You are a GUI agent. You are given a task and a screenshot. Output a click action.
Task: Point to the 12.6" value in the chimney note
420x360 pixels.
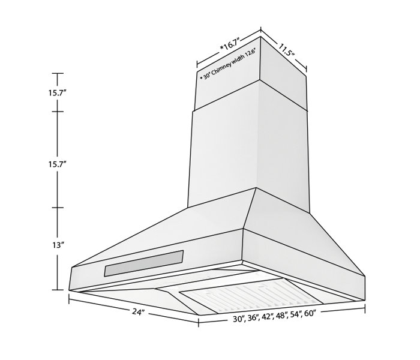pos(250,52)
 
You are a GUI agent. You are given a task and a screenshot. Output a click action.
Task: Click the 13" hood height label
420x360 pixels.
pos(58,245)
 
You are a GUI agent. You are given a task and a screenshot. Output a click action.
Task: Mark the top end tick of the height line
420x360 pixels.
pos(57,73)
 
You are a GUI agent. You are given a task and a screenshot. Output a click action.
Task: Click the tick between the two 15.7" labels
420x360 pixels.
pos(57,112)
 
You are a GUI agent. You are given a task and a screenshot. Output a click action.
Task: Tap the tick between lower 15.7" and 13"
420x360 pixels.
pos(57,208)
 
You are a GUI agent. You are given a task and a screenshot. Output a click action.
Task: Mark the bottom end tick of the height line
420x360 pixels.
pos(57,290)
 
